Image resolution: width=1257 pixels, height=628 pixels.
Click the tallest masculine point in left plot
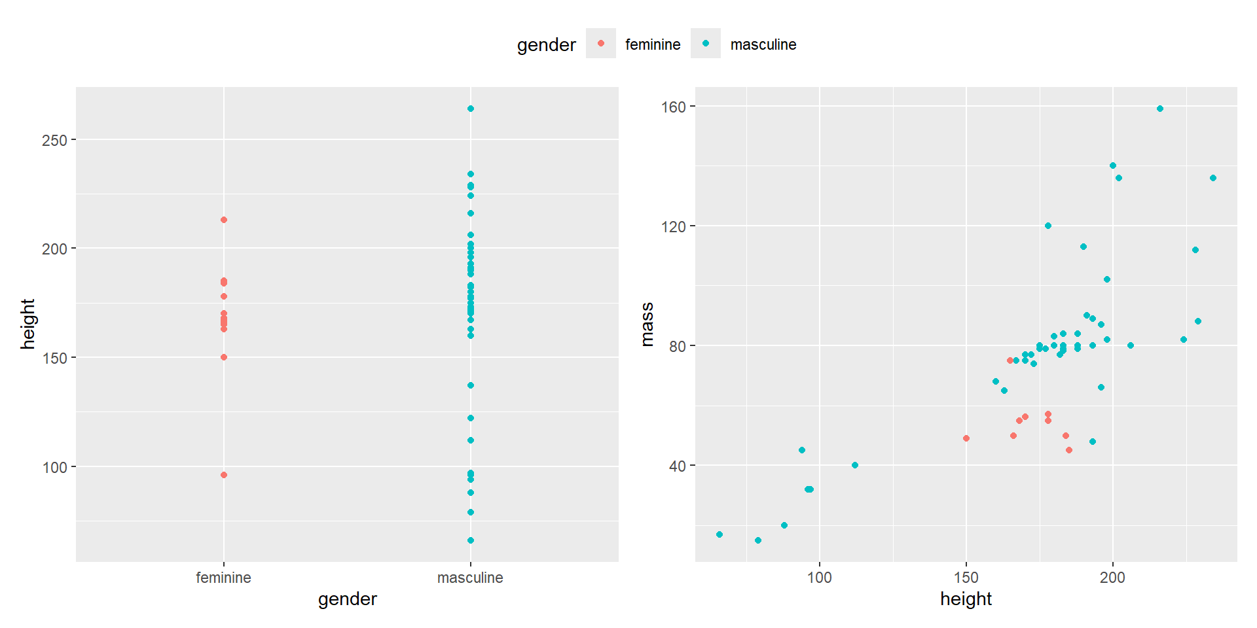click(x=471, y=109)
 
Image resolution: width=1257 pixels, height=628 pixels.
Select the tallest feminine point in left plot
click(x=224, y=220)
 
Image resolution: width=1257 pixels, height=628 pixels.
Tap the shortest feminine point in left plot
click(x=224, y=475)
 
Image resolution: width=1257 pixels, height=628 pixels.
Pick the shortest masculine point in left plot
click(x=471, y=540)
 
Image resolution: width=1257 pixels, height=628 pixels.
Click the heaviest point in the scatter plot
click(x=1160, y=109)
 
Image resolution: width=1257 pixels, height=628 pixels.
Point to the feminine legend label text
click(x=652, y=44)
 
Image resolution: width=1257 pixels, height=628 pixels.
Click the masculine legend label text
click(x=763, y=44)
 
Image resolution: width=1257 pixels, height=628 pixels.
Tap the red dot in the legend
click(x=601, y=44)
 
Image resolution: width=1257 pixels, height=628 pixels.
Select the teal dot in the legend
click(x=706, y=44)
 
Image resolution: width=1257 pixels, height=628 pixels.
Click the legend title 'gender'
click(x=546, y=44)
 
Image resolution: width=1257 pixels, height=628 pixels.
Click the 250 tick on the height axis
click(x=54, y=140)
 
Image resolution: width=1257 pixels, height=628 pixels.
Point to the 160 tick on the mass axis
click(x=673, y=107)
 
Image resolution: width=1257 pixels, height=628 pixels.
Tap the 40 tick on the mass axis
click(x=677, y=466)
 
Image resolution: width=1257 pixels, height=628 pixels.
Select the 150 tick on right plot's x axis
click(x=966, y=578)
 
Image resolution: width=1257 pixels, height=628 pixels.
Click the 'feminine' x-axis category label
click(x=223, y=578)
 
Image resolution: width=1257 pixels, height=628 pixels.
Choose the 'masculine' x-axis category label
click(x=470, y=578)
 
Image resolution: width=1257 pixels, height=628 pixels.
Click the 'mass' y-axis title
click(x=647, y=324)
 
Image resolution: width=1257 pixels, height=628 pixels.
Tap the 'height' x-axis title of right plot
click(x=966, y=599)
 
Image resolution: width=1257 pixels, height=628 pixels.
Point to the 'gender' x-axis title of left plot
click(x=347, y=599)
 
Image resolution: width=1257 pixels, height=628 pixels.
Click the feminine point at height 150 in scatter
click(x=966, y=438)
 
